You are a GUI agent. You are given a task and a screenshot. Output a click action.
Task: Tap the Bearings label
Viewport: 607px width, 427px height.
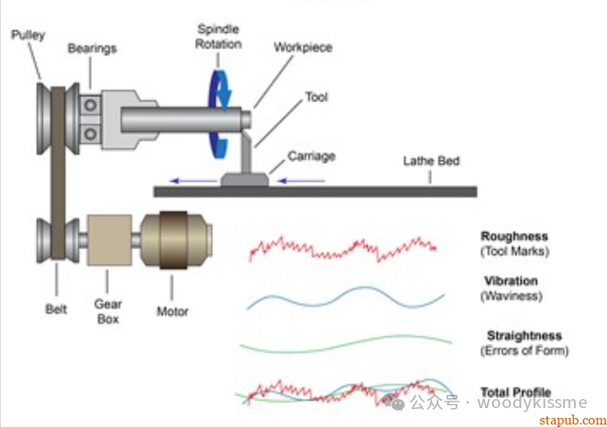pos(91,49)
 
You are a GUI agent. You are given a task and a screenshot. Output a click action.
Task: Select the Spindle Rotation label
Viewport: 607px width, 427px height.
pos(217,36)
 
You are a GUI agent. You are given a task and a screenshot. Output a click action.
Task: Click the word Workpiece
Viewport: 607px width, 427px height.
pos(303,47)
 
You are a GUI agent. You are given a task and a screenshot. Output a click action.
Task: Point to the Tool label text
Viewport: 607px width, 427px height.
pos(316,97)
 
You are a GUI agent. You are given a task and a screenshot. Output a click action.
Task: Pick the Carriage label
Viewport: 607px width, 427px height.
pos(311,155)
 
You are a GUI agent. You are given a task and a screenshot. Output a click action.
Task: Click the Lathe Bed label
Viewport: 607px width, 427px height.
pos(430,160)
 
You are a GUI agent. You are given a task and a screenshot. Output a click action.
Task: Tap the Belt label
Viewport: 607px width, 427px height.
pos(56,309)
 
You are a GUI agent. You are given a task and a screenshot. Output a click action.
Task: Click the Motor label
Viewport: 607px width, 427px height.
pos(172,311)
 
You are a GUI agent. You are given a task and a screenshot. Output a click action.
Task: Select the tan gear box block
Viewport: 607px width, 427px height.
pos(109,241)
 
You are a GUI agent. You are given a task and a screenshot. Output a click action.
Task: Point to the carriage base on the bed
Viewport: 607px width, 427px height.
pos(243,177)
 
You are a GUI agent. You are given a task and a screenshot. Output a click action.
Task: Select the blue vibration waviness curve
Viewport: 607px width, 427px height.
pos(345,296)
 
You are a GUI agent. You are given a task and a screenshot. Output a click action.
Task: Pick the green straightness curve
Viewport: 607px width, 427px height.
pos(345,343)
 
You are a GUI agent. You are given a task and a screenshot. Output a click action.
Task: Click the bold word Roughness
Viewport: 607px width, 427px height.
pos(514,237)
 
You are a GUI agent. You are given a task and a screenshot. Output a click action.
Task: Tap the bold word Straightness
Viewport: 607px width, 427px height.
pos(524,336)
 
